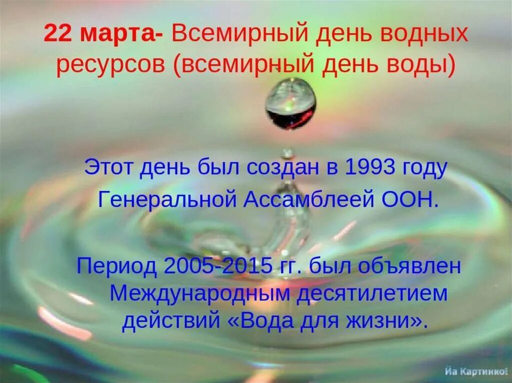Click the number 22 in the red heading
coord(56,34)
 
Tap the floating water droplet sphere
coord(290,103)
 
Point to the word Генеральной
coord(167,200)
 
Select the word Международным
coord(199,294)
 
